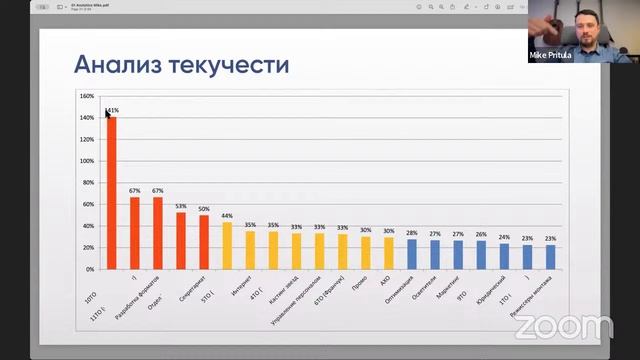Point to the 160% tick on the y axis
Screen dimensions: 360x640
click(x=87, y=97)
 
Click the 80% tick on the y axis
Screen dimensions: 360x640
click(x=88, y=183)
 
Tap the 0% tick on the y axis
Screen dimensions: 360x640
click(x=90, y=269)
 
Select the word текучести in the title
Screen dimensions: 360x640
click(x=230, y=66)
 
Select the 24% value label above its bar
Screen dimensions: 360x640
click(x=504, y=238)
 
